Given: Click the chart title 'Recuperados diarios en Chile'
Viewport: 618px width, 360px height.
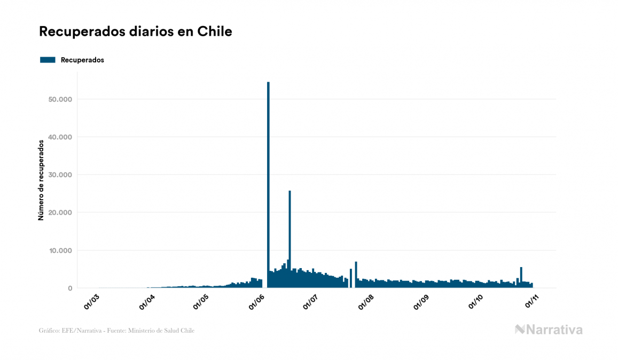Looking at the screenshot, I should pos(135,32).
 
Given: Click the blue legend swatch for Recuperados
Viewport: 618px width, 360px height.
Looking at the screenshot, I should pos(48,60).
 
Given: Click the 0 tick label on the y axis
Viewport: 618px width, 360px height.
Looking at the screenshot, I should pos(69,288).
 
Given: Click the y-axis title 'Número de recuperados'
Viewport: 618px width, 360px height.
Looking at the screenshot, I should pos(41,180).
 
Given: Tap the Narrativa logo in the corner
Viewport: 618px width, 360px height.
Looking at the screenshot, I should pos(549,330).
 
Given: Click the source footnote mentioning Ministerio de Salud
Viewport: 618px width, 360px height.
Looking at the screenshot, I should pos(116,331).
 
